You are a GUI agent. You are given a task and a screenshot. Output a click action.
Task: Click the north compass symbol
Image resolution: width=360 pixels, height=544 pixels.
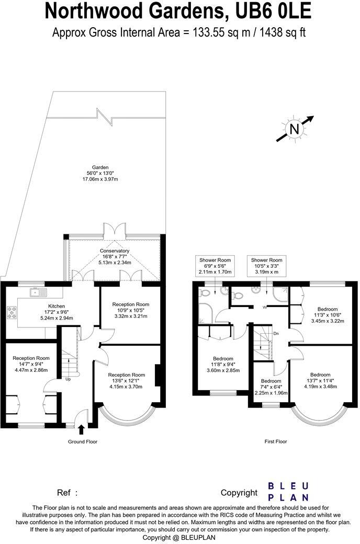(295, 129)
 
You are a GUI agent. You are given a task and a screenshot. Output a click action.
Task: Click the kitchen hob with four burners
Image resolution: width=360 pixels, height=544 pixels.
(12, 312)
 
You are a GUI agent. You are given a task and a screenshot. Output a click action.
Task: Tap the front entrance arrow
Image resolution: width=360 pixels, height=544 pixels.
(81, 429)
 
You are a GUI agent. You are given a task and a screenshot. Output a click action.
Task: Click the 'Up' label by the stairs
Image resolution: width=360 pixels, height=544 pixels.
(68, 379)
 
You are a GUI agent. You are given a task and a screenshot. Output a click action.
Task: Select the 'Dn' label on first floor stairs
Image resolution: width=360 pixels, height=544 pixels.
(277, 333)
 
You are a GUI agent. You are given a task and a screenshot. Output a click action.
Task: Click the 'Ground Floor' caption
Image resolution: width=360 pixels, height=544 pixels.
(83, 441)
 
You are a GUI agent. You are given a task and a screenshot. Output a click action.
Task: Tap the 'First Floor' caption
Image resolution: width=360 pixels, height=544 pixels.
(275, 441)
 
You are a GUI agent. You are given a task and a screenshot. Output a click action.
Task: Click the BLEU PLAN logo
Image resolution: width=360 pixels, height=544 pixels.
(288, 492)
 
